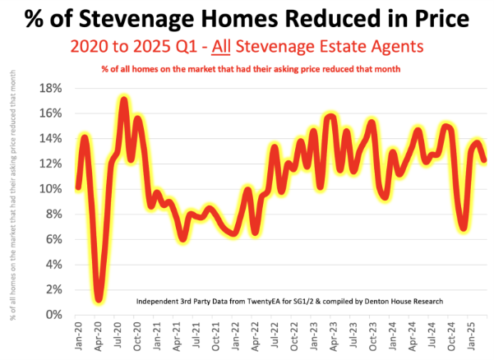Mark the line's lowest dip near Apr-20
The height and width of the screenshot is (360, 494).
click(99, 299)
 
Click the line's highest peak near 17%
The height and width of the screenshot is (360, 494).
click(124, 100)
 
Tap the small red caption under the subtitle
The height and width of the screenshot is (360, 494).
click(251, 68)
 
